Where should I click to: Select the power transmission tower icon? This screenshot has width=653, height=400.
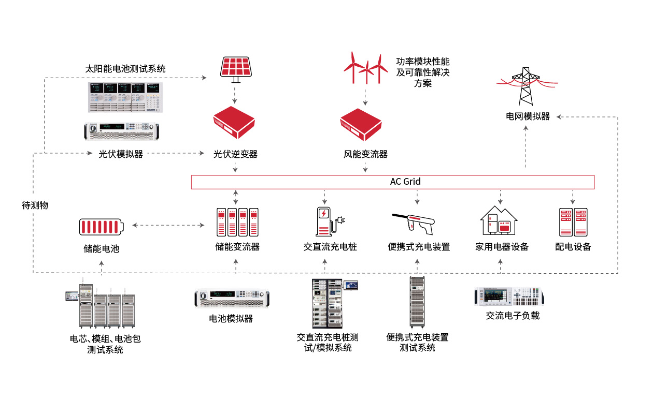coord(526,86)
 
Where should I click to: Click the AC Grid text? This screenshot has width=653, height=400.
coord(405,182)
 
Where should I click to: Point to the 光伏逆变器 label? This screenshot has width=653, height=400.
coord(235,154)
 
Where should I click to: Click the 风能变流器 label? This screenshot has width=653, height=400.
coord(365,154)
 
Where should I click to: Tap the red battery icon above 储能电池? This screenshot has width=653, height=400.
coord(102,226)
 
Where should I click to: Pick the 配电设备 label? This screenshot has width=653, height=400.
coord(573,247)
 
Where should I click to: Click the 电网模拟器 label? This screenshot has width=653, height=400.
coord(528,116)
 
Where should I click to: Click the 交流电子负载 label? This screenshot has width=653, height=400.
coord(513,315)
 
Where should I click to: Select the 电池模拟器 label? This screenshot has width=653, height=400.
coord(231,319)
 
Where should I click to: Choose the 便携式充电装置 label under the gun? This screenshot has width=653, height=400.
coord(419,247)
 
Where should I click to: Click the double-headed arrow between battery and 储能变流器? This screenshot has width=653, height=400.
coord(168,225)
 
